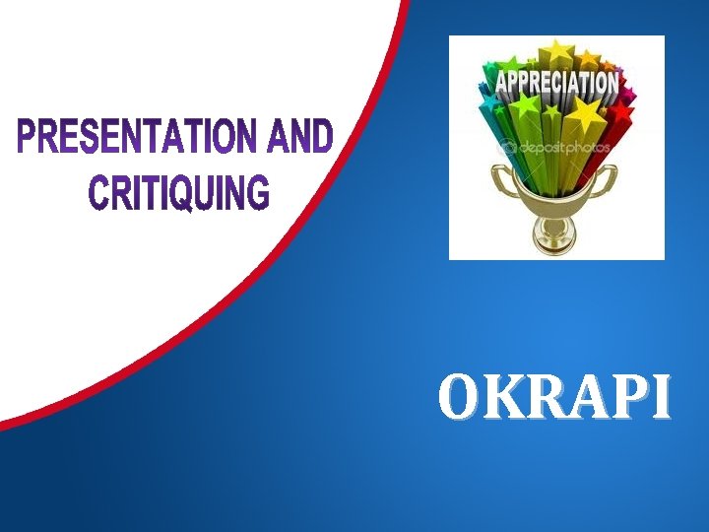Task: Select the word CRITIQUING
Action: (178, 191)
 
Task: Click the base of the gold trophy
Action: (554, 241)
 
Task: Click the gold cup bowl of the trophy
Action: (554, 192)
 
